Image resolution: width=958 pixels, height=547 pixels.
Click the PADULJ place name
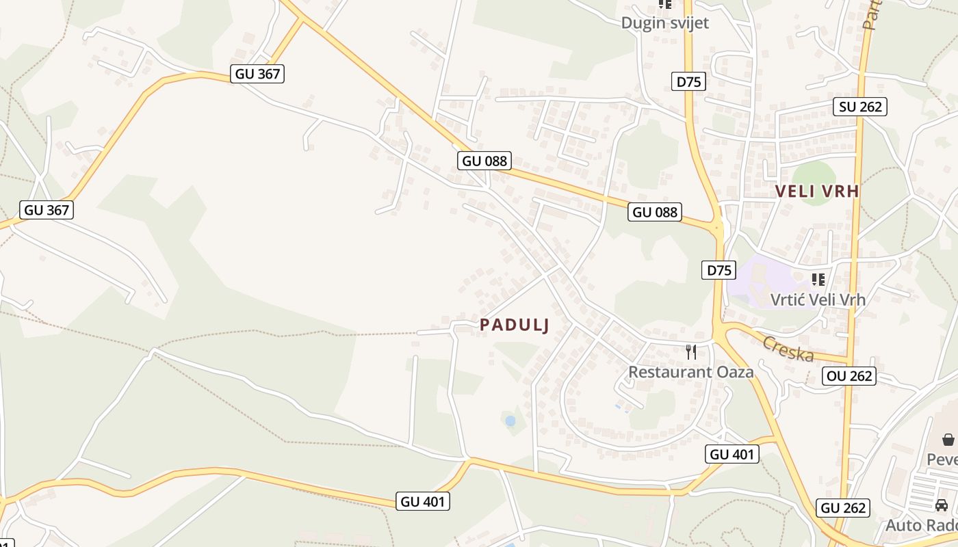(515, 325)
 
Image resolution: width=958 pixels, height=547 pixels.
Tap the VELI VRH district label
(817, 191)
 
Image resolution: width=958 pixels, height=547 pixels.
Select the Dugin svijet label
(664, 23)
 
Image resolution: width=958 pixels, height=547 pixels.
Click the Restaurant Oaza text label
(690, 372)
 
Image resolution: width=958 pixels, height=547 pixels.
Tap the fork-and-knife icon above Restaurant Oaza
(691, 352)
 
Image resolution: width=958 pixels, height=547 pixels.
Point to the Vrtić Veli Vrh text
(818, 299)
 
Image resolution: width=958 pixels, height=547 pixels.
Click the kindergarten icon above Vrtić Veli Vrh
(818, 279)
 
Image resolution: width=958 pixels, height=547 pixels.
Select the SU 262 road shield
(860, 107)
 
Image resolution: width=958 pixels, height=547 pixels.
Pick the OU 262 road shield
(849, 376)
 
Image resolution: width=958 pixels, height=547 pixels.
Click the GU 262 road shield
(844, 508)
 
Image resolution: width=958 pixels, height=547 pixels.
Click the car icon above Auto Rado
(942, 505)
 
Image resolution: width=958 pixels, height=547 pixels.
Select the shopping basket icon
(948, 440)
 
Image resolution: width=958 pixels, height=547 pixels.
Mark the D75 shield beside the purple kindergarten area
(719, 270)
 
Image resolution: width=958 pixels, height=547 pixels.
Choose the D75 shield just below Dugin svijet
(688, 82)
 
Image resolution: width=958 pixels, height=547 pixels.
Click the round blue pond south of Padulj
(510, 421)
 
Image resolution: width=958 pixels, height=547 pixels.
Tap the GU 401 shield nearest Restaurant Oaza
(732, 454)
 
